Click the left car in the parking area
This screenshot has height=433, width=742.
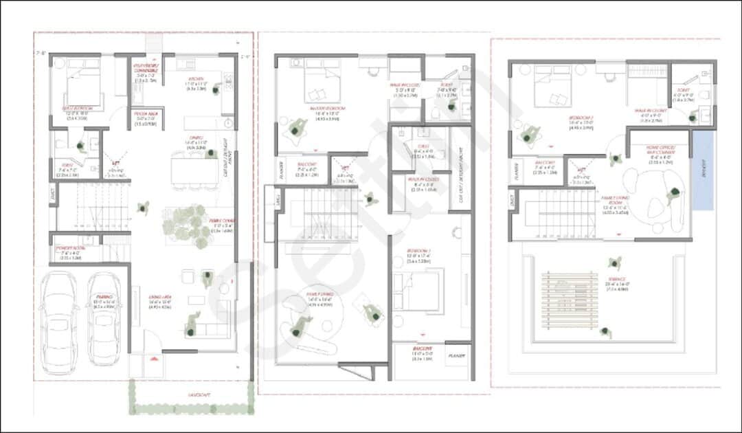coord(59,316)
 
